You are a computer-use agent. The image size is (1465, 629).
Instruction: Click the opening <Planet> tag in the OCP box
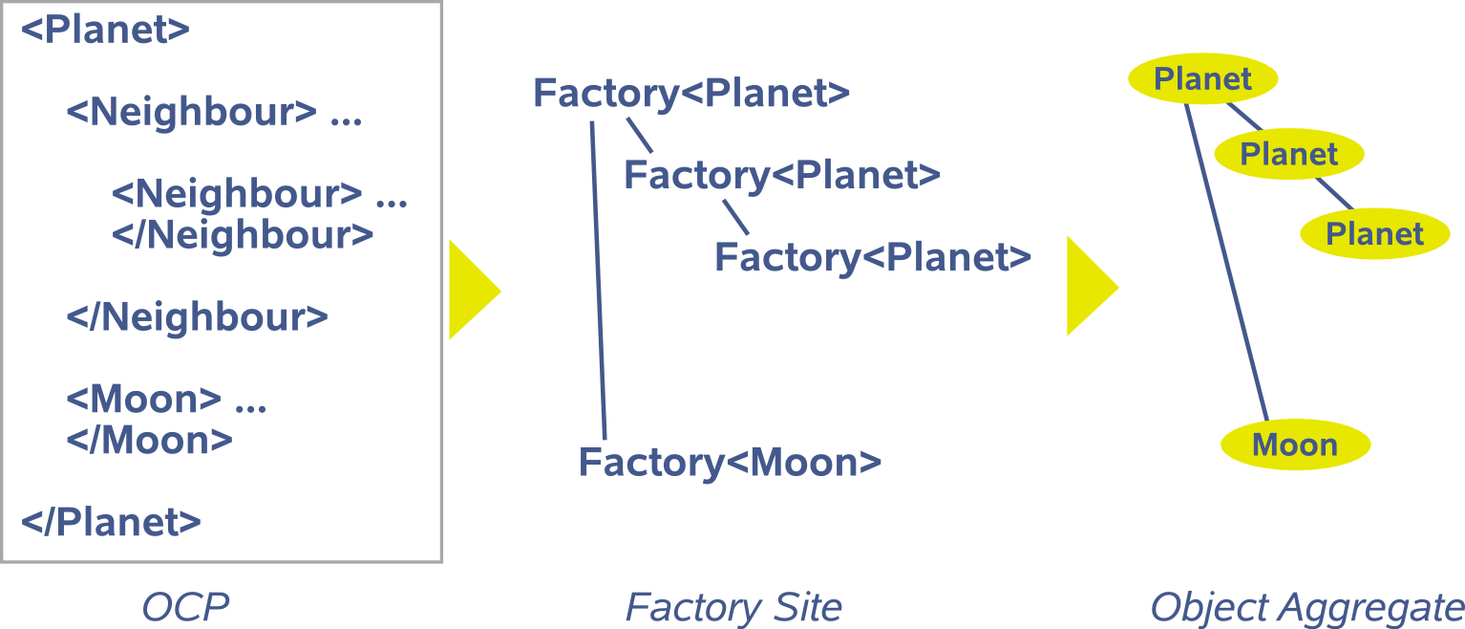coord(105,30)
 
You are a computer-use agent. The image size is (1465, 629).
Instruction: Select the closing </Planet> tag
coord(111,522)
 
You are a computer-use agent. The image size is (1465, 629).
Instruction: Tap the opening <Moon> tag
coord(143,399)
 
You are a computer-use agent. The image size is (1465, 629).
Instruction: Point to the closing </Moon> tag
coord(149,440)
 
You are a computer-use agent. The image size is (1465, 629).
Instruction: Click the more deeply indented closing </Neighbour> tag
coord(243,234)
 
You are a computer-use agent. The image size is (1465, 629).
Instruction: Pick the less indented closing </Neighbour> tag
coord(197,316)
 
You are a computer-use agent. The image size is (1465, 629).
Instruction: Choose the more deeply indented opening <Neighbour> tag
coord(237,194)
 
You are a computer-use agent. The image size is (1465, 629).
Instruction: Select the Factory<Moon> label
coord(730,463)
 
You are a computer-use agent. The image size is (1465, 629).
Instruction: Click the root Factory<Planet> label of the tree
coord(690,94)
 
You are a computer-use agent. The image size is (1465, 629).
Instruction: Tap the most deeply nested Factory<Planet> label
coord(873,257)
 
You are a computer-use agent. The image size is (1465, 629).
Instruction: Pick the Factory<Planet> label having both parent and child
coord(782,175)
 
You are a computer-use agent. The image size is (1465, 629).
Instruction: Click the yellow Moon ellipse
coord(1295,445)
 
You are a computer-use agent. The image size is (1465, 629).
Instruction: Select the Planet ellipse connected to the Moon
coord(1202,79)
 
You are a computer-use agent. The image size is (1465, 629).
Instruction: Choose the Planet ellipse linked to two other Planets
coord(1288,154)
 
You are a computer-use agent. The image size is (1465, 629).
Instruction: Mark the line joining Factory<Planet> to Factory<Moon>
coord(599,277)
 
